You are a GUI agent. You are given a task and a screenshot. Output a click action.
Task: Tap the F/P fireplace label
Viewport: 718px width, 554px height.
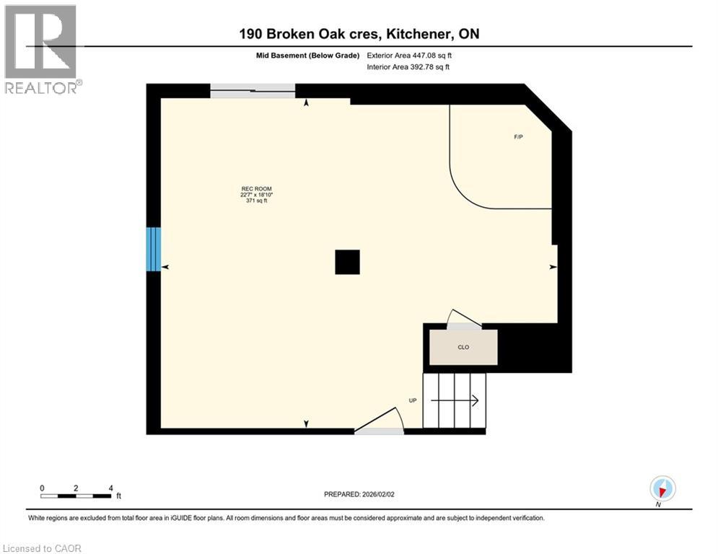coord(518,137)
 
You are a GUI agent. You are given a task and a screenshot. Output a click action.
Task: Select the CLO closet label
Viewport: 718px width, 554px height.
coord(463,348)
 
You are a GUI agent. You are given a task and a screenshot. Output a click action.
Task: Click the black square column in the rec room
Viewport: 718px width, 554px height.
coord(347,263)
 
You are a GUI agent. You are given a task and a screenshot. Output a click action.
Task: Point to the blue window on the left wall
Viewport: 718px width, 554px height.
coord(153,250)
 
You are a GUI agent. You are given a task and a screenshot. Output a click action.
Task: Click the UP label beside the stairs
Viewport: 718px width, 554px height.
coord(412,400)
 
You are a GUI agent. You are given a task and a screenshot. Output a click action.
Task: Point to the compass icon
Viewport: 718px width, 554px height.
coord(662,488)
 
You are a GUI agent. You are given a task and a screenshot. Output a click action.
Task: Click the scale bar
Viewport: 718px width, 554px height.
coord(76,496)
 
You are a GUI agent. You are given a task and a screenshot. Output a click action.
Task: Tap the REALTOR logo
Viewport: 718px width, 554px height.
coord(40,49)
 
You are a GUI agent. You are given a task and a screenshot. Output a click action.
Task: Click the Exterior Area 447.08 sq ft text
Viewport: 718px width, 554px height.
coord(410,55)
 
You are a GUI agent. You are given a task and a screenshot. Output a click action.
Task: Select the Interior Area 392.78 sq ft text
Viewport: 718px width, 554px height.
coord(409,67)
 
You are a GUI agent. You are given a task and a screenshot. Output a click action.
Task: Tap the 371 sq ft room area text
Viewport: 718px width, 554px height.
coord(252,201)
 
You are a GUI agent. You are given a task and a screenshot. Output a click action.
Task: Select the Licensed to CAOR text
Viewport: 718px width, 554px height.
coord(43,548)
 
